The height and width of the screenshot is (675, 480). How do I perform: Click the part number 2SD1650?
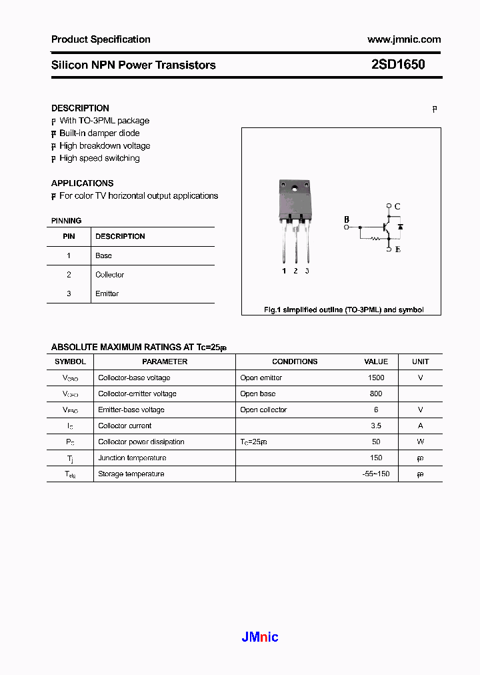coord(398,65)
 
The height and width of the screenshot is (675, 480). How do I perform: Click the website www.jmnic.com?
coord(404,39)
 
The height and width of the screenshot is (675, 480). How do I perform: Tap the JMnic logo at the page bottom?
coord(259,637)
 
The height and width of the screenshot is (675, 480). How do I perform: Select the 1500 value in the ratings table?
coord(376,378)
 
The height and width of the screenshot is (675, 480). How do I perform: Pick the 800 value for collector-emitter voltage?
coord(376,394)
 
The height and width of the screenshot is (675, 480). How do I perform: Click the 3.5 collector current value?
coord(376,426)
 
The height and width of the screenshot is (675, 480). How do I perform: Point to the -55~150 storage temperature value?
coord(376,474)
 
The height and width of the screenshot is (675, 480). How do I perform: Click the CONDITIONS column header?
coord(295,362)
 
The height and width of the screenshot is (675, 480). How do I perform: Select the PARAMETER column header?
coord(165,362)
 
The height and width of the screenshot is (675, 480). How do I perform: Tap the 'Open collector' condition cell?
coord(263,410)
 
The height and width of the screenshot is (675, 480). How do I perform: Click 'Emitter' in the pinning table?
coord(107,293)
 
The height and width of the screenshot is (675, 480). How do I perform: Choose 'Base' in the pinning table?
coord(103,255)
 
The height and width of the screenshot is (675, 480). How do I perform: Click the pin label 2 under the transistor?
coord(295,271)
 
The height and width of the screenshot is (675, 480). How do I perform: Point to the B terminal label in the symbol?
coord(346,219)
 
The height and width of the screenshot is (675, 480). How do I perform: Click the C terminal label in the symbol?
coord(397,207)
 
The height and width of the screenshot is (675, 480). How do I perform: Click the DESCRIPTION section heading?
coord(80,108)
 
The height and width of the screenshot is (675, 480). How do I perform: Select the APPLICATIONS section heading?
coord(82,183)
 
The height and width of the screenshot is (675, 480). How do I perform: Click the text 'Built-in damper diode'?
coord(99,133)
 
